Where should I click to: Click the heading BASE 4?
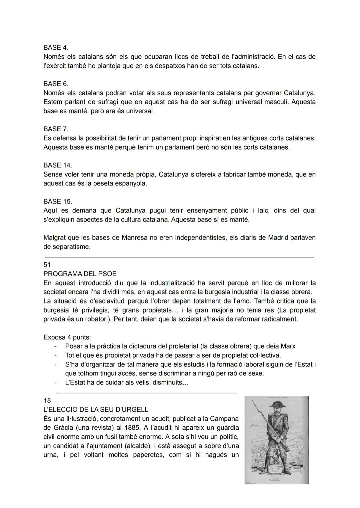pyautogui.click(x=56, y=48)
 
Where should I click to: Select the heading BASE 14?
pyautogui.click(x=57, y=165)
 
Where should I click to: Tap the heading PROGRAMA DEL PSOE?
pyautogui.click(x=80, y=274)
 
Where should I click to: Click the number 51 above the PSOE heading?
pyautogui.click(x=47, y=265)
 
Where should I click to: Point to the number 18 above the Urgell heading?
pyautogui.click(x=47, y=400)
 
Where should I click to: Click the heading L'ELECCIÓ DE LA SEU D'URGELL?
pyautogui.click(x=96, y=410)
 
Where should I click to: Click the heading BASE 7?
pyautogui.click(x=56, y=129)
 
